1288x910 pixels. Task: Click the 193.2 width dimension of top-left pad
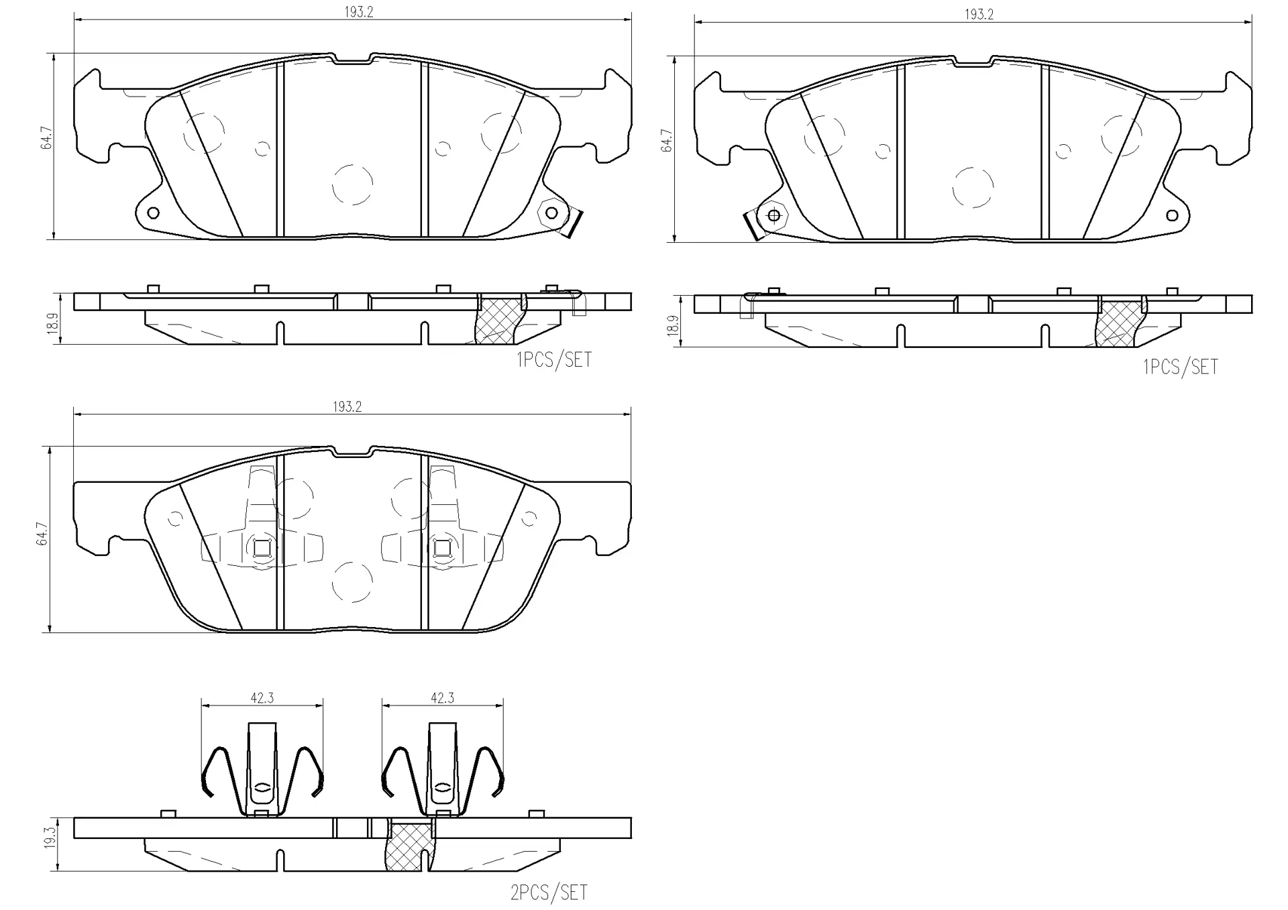(359, 12)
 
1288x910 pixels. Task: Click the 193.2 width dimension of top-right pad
(979, 15)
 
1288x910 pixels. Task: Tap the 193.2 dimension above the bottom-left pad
(347, 406)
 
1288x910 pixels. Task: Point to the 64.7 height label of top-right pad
(667, 140)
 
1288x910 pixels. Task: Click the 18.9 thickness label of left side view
(52, 320)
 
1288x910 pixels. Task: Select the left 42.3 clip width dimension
(262, 697)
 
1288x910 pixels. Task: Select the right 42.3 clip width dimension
(442, 697)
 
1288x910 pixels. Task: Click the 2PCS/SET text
(549, 893)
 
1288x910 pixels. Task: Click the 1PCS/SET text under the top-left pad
(554, 360)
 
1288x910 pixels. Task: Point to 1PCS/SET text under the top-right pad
(1181, 367)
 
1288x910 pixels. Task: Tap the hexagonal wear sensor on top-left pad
(551, 213)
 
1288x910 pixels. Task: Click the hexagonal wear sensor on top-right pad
(773, 215)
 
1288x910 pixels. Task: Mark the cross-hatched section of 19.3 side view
(411, 846)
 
